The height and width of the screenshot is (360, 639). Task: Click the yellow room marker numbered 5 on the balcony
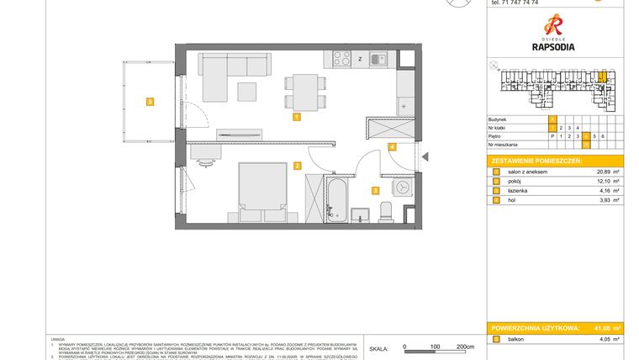(150, 102)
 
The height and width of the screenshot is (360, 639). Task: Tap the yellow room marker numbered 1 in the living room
(297, 118)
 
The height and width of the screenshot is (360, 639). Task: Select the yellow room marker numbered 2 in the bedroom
(297, 166)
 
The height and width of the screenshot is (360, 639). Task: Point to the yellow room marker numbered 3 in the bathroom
(376, 190)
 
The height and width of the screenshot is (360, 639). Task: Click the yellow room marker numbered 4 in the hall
(392, 146)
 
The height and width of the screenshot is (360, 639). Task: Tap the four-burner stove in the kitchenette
(342, 59)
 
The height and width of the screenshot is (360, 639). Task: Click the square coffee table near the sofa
(248, 90)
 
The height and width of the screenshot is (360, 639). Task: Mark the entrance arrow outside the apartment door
(425, 156)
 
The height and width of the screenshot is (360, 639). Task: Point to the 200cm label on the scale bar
(465, 347)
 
